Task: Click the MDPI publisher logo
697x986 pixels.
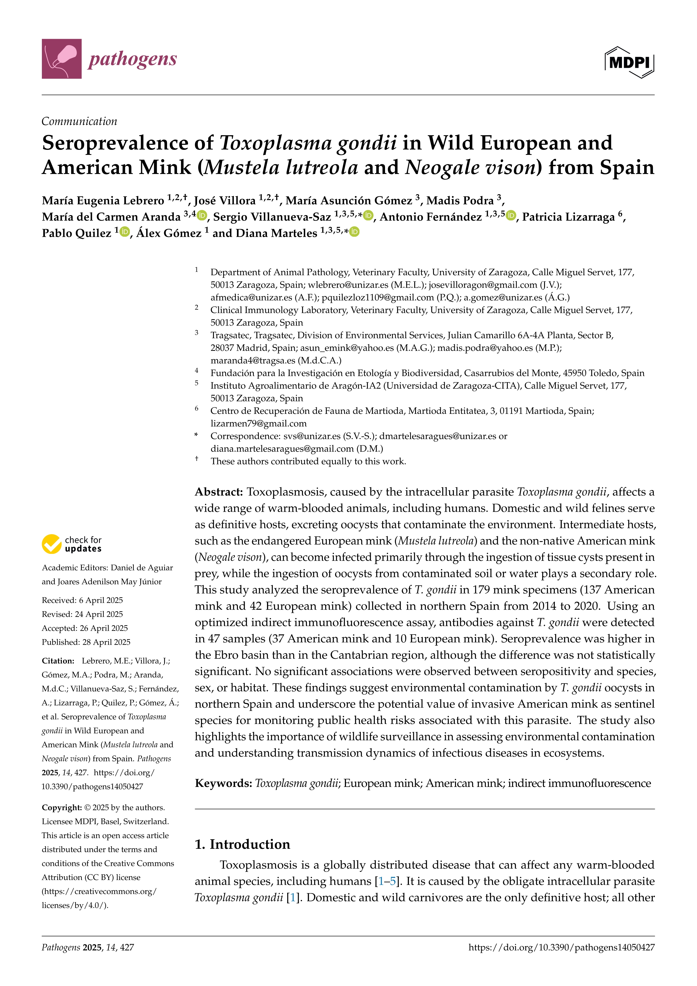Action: click(629, 62)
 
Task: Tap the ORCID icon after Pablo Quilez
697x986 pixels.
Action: click(125, 232)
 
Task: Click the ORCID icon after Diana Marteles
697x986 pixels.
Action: click(354, 232)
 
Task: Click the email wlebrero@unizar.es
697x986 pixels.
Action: click(348, 285)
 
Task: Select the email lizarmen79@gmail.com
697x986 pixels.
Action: click(258, 423)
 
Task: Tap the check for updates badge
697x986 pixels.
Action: click(72, 544)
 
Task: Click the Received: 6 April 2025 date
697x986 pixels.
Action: click(82, 600)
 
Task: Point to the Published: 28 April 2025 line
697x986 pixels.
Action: click(86, 642)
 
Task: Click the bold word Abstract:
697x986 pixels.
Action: click(219, 492)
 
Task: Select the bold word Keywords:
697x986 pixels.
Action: click(223, 783)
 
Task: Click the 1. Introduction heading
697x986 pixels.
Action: click(243, 844)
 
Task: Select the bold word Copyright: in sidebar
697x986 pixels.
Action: click(61, 807)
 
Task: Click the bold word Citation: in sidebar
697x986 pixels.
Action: click(58, 661)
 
